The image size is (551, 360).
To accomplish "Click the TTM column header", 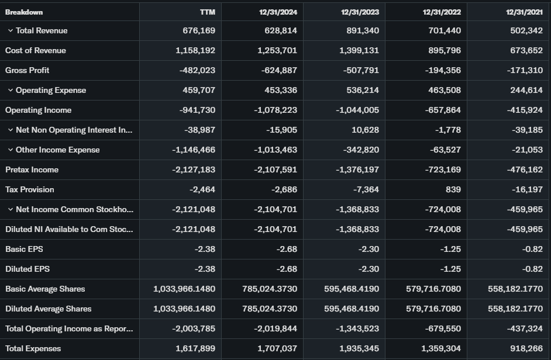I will click(207, 12).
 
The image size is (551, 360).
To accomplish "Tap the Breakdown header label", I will click(24, 12).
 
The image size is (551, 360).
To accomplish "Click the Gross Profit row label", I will click(27, 70).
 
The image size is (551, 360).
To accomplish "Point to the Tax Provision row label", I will click(30, 189).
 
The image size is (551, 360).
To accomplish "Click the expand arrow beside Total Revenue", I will click(11, 30).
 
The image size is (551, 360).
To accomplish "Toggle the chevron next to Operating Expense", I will click(11, 90).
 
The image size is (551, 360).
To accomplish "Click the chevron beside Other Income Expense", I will click(11, 150).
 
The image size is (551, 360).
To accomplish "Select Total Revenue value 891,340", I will click(359, 30).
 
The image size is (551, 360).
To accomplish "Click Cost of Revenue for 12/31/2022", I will click(441, 50).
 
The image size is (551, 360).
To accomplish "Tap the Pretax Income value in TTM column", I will click(194, 169).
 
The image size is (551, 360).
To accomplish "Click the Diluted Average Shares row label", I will click(49, 309).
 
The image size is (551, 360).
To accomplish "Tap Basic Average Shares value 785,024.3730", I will click(270, 289).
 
